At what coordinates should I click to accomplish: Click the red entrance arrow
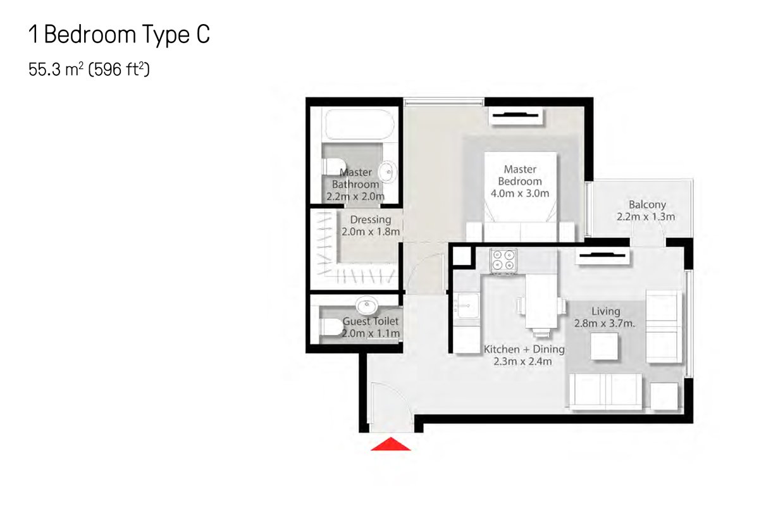pos(391,445)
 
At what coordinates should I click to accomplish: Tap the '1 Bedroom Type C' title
pos(120,35)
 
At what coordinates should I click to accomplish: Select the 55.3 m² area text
pos(56,70)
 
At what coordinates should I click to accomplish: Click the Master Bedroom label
pos(520,175)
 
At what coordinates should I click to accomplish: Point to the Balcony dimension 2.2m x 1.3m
pos(646,216)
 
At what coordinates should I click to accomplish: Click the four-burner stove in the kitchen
pos(503,261)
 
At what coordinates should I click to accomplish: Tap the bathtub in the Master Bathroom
pos(360,125)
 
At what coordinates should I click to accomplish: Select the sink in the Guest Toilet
pos(367,305)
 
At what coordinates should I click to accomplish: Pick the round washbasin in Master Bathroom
pos(387,172)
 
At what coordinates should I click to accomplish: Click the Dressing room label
pos(371,219)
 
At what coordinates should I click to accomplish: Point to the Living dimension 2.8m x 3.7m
pos(605,324)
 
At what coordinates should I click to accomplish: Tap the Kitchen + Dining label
pos(524,349)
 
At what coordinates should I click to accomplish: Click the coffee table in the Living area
pos(604,346)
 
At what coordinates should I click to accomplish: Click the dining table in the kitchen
pos(541,301)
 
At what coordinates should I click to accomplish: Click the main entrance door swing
pos(392,405)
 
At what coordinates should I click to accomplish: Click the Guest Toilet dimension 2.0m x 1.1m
pos(371,333)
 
